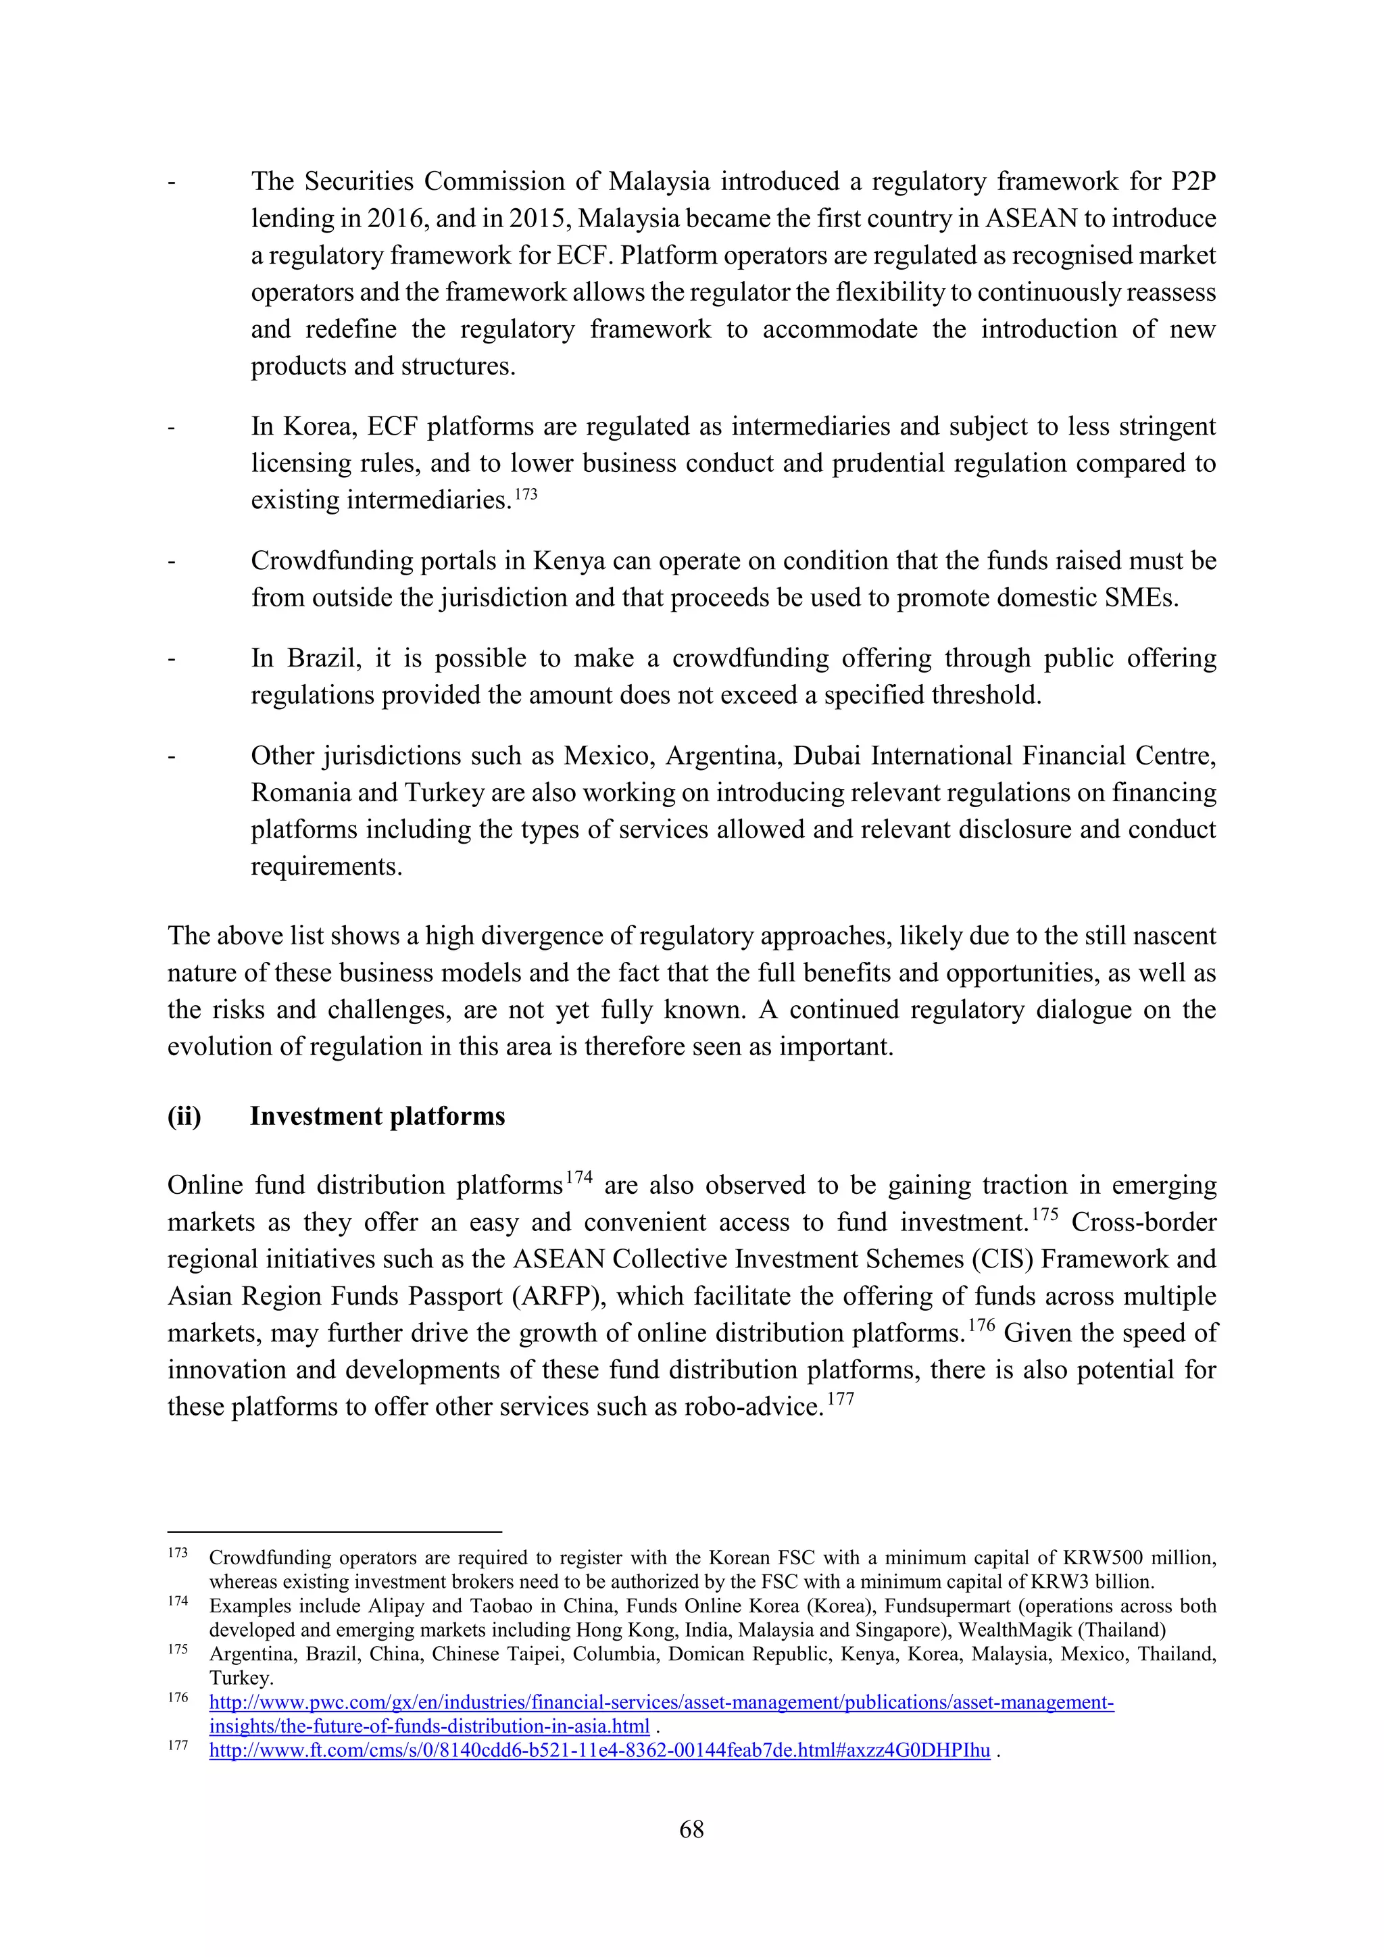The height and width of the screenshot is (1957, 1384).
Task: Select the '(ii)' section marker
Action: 184,1117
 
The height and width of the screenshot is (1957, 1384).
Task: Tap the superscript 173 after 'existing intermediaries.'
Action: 526,494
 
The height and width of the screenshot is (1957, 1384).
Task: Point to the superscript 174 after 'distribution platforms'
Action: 578,1178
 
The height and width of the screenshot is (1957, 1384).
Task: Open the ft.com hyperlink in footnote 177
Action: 599,1751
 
